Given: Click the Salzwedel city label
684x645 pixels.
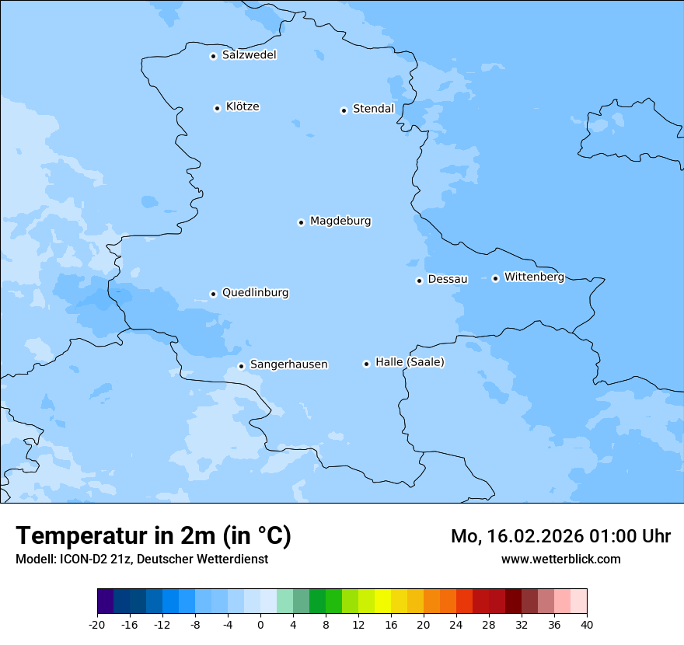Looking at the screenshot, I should pyautogui.click(x=249, y=55).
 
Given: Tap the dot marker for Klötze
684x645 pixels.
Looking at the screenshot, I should pyautogui.click(x=217, y=108).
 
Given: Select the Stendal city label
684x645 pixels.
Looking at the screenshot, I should pyautogui.click(x=373, y=109).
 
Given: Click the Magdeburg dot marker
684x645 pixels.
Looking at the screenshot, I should pyautogui.click(x=301, y=222).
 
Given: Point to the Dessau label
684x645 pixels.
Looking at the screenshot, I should pyautogui.click(x=448, y=279).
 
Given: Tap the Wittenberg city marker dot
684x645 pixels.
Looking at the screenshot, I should pyautogui.click(x=495, y=278).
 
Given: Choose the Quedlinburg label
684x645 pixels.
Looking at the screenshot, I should pyautogui.click(x=255, y=293).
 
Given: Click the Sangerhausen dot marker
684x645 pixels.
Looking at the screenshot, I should pyautogui.click(x=241, y=366).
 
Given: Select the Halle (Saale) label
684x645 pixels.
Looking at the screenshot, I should pyautogui.click(x=410, y=362).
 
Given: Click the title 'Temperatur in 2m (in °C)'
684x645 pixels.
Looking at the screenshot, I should pyautogui.click(x=154, y=536).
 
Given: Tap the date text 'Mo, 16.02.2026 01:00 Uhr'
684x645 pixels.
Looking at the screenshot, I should pyautogui.click(x=560, y=536).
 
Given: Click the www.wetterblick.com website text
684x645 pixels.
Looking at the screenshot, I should pyautogui.click(x=560, y=559).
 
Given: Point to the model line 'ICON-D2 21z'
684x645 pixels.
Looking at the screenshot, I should pyautogui.click(x=141, y=559).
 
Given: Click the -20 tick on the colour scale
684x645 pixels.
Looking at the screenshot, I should pyautogui.click(x=97, y=624).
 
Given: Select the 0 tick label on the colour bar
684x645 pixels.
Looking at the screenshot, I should pyautogui.click(x=260, y=624).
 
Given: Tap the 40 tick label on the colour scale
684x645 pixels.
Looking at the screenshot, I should pyautogui.click(x=587, y=624).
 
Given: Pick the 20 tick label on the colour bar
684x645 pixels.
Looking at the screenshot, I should pyautogui.click(x=424, y=624).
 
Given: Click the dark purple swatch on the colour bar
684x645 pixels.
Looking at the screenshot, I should pyautogui.click(x=106, y=601).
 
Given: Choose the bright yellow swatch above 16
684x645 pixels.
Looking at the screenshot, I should pyautogui.click(x=382, y=601).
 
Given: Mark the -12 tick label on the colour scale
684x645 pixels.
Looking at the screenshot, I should pyautogui.click(x=162, y=624).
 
